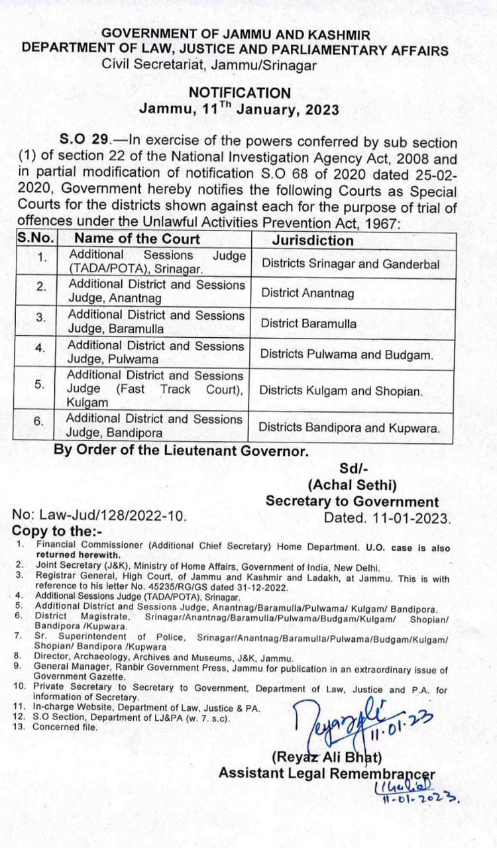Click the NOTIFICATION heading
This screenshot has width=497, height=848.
tap(239, 93)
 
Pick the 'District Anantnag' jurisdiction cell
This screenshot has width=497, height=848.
tap(307, 293)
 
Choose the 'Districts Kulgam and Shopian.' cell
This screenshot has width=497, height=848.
tap(341, 391)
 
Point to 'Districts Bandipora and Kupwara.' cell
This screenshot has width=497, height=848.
tap(349, 428)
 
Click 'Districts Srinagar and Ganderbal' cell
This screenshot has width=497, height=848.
tap(351, 263)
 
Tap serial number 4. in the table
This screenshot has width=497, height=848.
tap(40, 348)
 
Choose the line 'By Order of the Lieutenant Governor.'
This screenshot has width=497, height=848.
tap(181, 452)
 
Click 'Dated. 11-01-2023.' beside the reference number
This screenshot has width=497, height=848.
tap(387, 517)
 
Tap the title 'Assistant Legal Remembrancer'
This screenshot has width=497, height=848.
tap(327, 773)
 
